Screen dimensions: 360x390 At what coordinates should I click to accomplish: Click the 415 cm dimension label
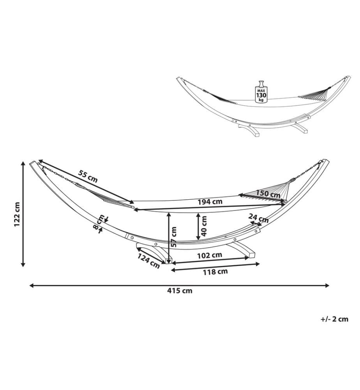click(x=179, y=291)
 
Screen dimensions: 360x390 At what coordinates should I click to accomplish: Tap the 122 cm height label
click(x=17, y=214)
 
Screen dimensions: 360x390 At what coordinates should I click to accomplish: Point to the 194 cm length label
click(x=210, y=202)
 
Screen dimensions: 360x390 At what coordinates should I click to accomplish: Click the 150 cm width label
click(x=268, y=193)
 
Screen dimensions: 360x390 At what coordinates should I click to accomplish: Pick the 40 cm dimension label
click(x=204, y=226)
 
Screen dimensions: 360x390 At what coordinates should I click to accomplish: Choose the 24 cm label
click(x=259, y=218)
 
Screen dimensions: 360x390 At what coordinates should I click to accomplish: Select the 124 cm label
click(x=148, y=261)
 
